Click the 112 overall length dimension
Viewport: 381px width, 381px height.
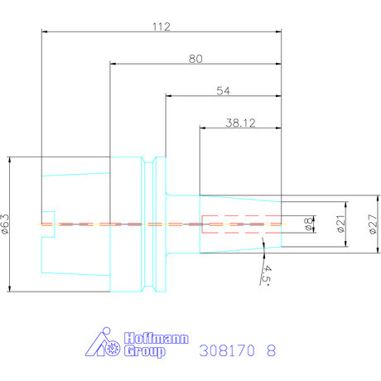162,27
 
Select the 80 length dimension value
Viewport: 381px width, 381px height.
195,59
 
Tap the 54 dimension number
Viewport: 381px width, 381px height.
223,91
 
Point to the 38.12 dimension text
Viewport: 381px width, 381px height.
240,123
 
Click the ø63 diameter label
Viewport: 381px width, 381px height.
5,224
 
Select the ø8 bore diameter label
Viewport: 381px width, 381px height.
309,224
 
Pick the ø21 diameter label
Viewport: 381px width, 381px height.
341,224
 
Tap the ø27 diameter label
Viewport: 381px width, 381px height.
373,224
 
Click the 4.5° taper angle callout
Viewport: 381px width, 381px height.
267,276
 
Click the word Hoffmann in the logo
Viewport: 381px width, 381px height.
157,338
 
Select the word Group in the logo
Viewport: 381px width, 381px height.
145,351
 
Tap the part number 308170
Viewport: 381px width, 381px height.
227,350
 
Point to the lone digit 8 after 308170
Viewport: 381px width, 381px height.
271,350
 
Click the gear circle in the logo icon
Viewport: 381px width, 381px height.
113,349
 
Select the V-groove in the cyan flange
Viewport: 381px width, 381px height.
149,224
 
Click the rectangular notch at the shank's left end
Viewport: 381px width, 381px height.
48,224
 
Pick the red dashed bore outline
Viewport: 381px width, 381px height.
242,224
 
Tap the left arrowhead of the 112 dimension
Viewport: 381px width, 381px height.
45,31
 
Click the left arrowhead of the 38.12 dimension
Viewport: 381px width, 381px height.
203,128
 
